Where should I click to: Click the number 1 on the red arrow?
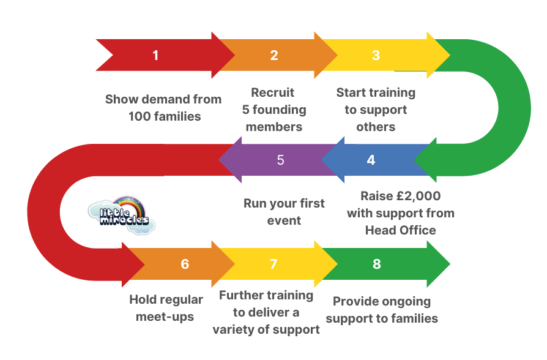[155, 56]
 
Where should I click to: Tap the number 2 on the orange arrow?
[274, 56]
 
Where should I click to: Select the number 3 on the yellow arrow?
[376, 56]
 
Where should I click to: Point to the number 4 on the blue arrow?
[371, 160]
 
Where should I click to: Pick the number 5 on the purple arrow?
[280, 160]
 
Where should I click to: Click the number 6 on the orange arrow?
[185, 264]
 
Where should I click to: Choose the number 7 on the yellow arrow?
[273, 264]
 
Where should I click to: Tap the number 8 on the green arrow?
[376, 264]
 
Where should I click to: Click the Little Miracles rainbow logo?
[121, 214]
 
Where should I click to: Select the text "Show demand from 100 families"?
[163, 107]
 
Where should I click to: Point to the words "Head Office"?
[401, 230]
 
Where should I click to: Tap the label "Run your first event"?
[284, 211]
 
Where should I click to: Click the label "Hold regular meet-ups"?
[166, 308]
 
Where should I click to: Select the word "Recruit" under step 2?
[273, 92]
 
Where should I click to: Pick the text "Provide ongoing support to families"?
[382, 310]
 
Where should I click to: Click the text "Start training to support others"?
[376, 110]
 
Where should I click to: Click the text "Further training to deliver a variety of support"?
[266, 312]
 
